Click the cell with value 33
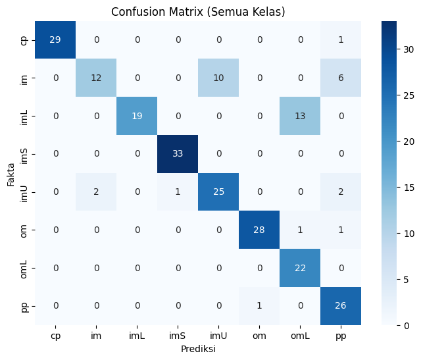tap(178, 154)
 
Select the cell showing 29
tap(55, 39)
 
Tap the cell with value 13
tap(300, 116)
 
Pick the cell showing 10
tap(218, 78)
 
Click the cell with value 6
tap(341, 78)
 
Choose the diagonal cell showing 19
tap(137, 116)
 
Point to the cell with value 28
tap(259, 230)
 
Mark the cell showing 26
tap(341, 306)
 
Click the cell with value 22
tap(300, 268)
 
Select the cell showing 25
tap(218, 192)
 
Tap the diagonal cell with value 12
tap(96, 78)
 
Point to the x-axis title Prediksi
tap(198, 349)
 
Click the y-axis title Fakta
tap(11, 174)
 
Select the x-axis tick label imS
tap(177, 336)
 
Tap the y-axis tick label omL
tap(24, 269)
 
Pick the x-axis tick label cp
tap(55, 336)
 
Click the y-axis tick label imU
tap(24, 193)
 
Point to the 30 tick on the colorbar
tap(409, 49)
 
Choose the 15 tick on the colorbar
tap(409, 188)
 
